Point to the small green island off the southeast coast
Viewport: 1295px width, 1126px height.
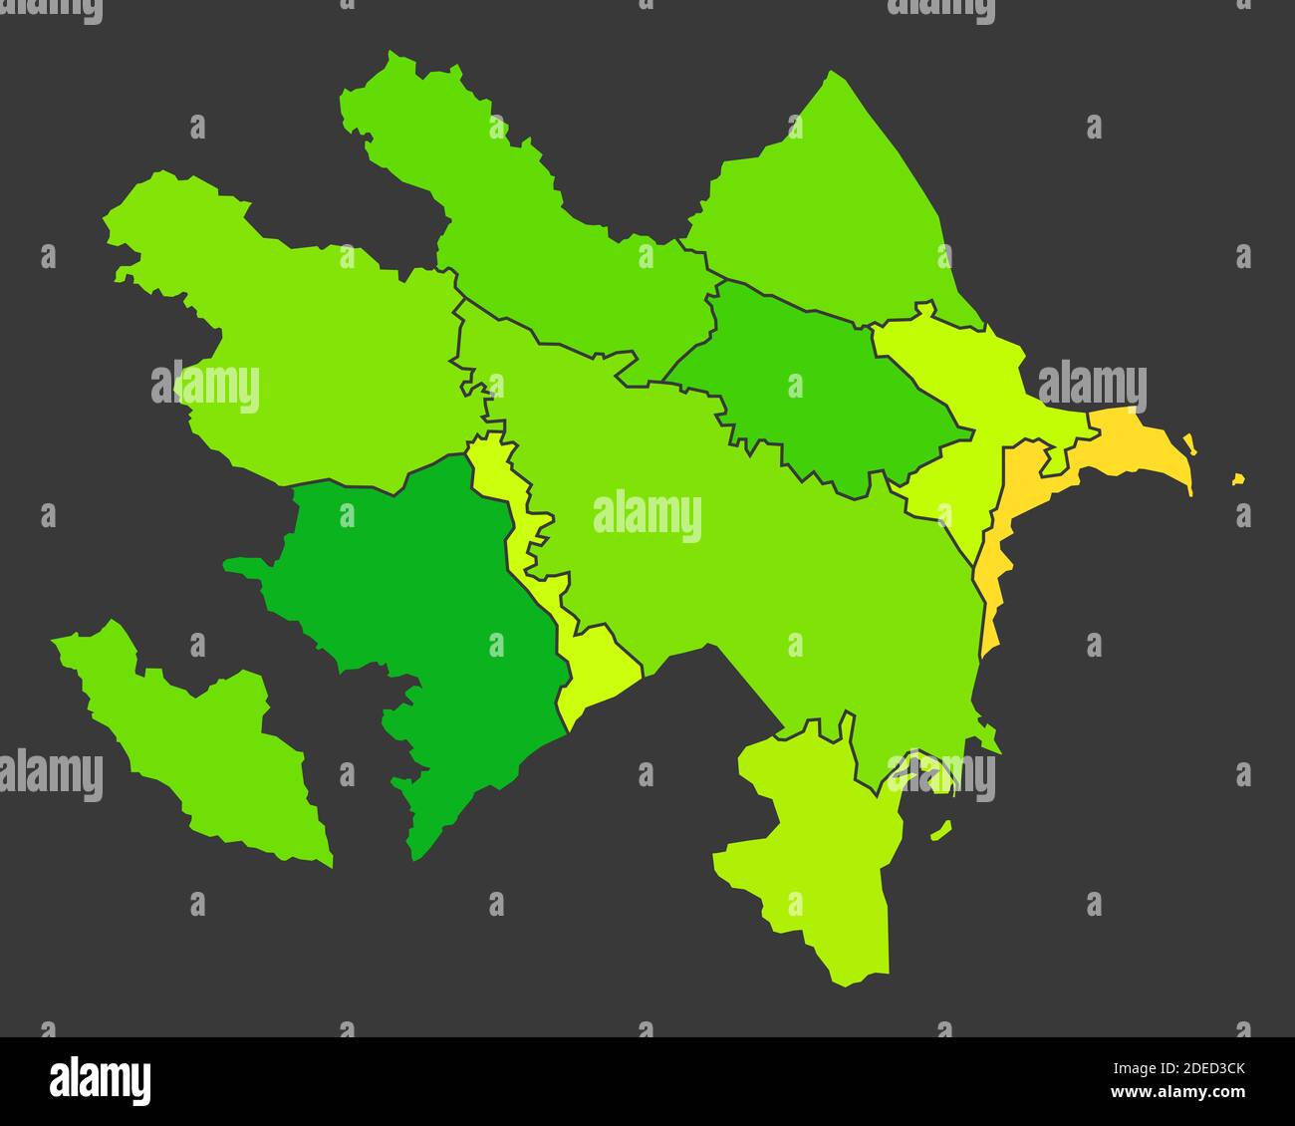(940, 829)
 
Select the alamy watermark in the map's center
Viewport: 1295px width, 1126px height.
(647, 516)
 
